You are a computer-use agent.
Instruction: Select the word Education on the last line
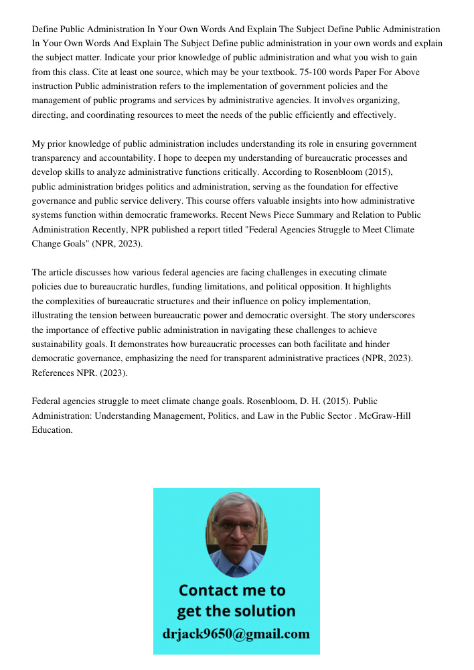[52, 429]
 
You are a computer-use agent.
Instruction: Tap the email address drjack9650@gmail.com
[236, 634]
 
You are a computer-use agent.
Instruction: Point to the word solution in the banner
[267, 611]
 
